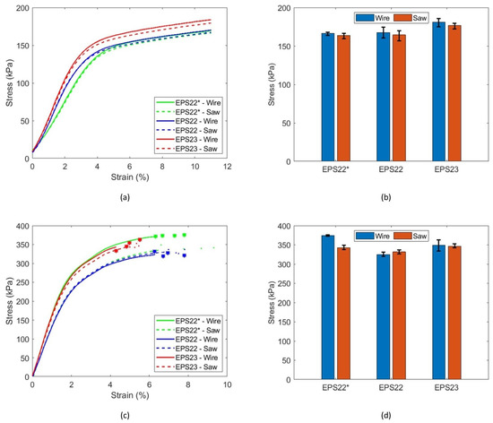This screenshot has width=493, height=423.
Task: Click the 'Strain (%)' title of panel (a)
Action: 130,177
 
